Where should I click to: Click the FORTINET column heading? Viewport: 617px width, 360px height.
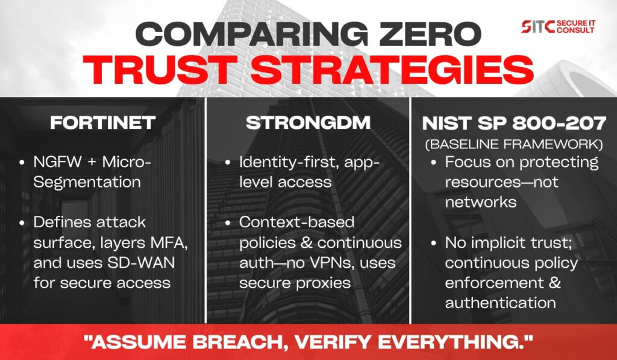pyautogui.click(x=102, y=123)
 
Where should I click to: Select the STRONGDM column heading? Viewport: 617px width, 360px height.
pyautogui.click(x=308, y=123)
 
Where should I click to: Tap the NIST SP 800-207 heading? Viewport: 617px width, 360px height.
pyautogui.click(x=514, y=124)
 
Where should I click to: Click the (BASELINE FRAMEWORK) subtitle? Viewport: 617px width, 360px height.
pyautogui.click(x=514, y=144)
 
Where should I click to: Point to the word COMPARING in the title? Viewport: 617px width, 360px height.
pyautogui.click(x=252, y=34)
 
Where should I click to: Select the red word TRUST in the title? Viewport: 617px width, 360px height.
pyautogui.click(x=160, y=69)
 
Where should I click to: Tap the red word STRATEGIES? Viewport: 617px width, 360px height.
pyautogui.click(x=392, y=69)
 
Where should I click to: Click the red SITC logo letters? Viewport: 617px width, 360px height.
pyautogui.click(x=538, y=27)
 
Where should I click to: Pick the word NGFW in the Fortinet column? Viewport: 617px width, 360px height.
pyautogui.click(x=57, y=162)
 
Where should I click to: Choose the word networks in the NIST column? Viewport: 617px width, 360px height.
pyautogui.click(x=481, y=203)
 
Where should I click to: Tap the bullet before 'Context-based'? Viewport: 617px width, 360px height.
pyautogui.click(x=227, y=223)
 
